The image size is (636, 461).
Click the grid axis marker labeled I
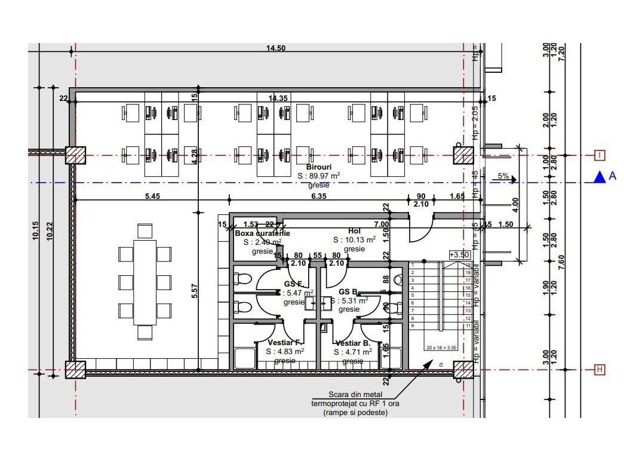[x=600, y=155]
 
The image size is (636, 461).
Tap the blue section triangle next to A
[x=599, y=177]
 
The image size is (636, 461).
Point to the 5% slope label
[x=503, y=177]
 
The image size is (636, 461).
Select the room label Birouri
[x=319, y=167]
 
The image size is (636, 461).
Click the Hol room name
[x=355, y=231]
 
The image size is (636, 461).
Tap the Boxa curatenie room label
[x=262, y=233]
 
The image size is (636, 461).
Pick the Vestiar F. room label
[x=285, y=343]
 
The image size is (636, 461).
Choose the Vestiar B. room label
[x=352, y=343]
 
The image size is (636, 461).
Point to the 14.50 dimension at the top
[x=276, y=48]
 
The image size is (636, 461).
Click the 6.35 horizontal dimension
[x=319, y=195]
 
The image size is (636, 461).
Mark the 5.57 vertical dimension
[x=195, y=291]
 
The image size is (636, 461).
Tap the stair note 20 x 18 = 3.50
[x=441, y=348]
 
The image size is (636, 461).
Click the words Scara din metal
[x=355, y=395]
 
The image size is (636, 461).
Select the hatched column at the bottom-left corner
[x=75, y=370]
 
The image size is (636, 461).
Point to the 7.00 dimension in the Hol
[x=381, y=224]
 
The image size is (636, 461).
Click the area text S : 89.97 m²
[x=319, y=176]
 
